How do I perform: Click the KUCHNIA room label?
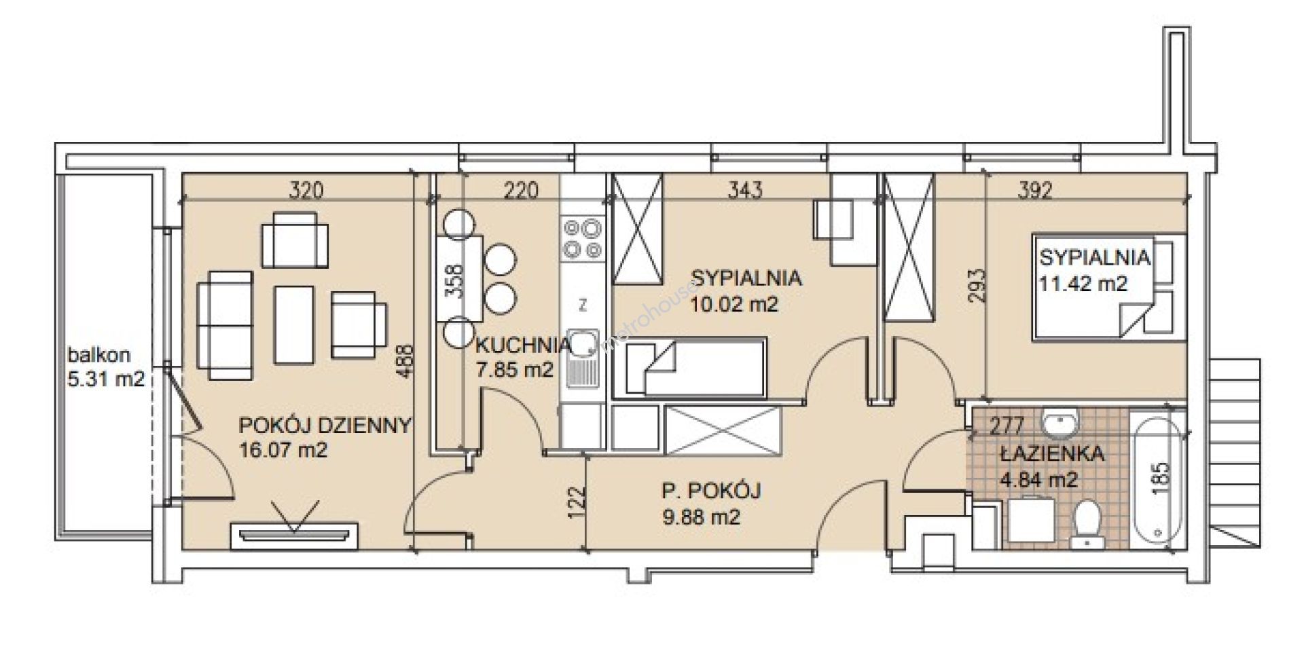[x=523, y=345]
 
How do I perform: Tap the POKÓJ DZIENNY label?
[x=325, y=426]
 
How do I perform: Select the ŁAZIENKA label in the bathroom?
[x=1051, y=453]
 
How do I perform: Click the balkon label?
[x=99, y=354]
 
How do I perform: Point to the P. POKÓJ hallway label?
[x=711, y=490]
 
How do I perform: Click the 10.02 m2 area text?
[x=734, y=304]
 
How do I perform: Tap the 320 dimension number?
[x=306, y=190]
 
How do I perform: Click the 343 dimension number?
[x=744, y=190]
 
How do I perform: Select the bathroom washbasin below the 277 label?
[x=1060, y=424]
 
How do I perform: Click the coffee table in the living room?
[x=294, y=324]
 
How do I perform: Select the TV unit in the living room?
[x=294, y=533]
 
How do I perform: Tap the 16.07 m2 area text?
[x=284, y=449]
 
